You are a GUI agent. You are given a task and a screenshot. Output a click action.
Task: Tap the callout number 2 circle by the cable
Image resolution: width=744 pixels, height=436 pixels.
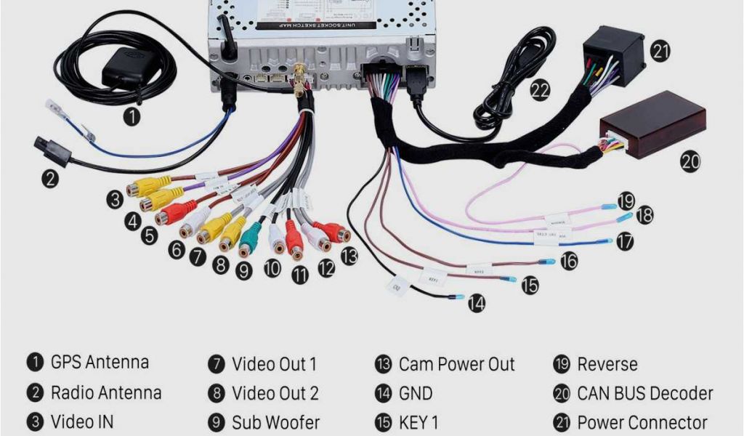pos(49,178)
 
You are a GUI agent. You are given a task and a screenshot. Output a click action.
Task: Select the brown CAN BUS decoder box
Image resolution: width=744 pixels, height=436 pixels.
pos(652,124)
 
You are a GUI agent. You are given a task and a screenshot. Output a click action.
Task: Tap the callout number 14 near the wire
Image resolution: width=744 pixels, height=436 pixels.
pos(476,304)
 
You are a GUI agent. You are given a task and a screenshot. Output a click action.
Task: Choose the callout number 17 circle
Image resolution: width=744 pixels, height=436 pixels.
pos(624,242)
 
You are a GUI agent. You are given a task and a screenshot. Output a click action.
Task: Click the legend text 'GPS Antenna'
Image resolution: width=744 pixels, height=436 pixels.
pos(100,363)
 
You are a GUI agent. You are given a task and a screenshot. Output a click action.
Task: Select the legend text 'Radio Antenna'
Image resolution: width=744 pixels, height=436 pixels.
pos(106,393)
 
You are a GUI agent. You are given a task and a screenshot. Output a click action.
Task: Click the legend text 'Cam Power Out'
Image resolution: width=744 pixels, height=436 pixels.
pos(456,364)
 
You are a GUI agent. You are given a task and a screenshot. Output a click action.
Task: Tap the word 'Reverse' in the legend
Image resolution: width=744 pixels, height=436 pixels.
pos(607,364)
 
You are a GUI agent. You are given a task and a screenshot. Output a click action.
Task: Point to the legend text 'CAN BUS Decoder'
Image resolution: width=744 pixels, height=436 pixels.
pos(644,393)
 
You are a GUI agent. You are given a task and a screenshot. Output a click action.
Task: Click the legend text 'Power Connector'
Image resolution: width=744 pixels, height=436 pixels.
pos(642,422)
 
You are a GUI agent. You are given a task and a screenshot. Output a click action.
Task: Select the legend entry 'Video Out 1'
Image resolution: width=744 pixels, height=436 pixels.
pos(274,364)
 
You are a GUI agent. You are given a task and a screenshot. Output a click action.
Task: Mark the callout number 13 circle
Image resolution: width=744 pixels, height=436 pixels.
pos(349,255)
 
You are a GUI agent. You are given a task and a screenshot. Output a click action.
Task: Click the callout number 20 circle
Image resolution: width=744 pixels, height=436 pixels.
pos(690,161)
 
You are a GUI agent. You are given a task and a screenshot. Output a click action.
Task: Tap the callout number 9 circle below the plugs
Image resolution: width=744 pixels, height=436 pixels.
pos(244,271)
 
